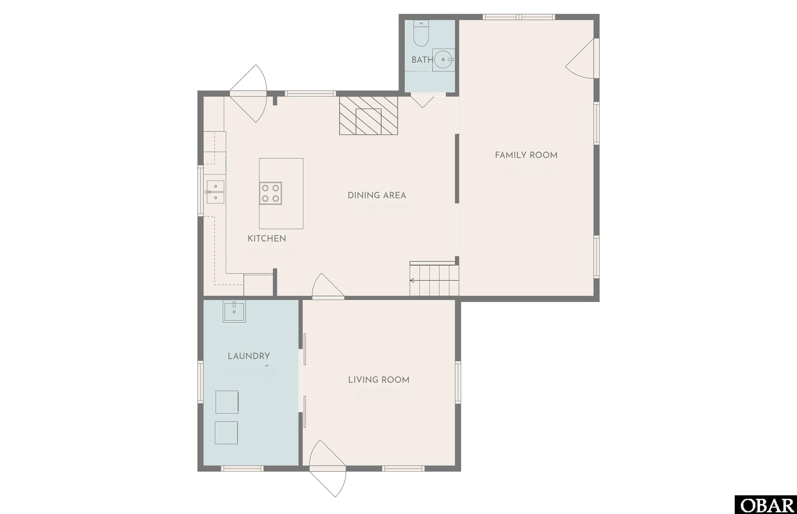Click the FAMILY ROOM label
(x=526, y=155)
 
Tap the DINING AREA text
(x=377, y=195)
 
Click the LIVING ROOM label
(x=379, y=380)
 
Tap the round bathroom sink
(x=443, y=60)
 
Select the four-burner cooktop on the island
(x=271, y=193)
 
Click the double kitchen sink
(x=215, y=192)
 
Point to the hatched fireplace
(x=368, y=115)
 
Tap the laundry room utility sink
(x=234, y=311)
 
